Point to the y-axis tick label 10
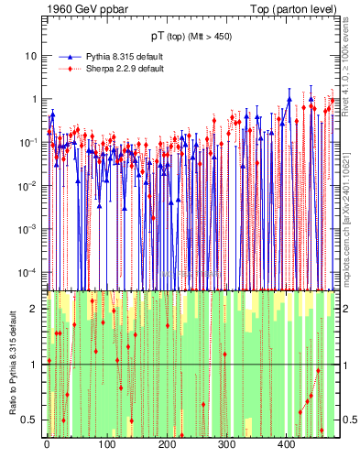pyautogui.click(x=30, y=56)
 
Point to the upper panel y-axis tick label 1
pyautogui.click(x=34, y=99)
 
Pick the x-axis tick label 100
pyautogui.click(x=106, y=444)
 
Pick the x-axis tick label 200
pyautogui.click(x=167, y=444)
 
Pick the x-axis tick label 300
pyautogui.click(x=227, y=444)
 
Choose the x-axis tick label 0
pyautogui.click(x=47, y=444)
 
